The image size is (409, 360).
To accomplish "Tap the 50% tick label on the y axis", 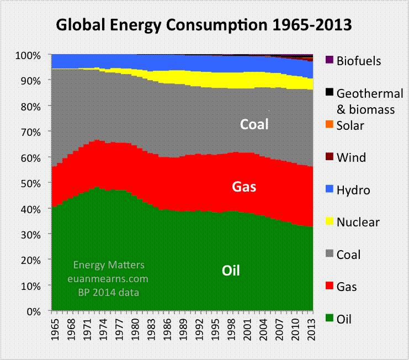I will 29,183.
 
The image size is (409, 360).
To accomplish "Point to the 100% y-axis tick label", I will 28,55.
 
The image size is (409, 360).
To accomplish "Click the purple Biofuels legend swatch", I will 329,61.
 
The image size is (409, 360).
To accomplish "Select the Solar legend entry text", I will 350,125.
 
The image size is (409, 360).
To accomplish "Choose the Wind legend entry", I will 351,157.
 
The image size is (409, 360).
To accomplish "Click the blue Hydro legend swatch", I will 329,190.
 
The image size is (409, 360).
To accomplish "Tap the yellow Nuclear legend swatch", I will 329,222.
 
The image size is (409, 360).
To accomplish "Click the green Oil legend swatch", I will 329,319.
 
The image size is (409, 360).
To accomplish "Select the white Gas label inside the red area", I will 243,187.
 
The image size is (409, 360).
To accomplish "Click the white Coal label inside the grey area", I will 254,124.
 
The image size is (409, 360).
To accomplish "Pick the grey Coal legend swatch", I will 329,254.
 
